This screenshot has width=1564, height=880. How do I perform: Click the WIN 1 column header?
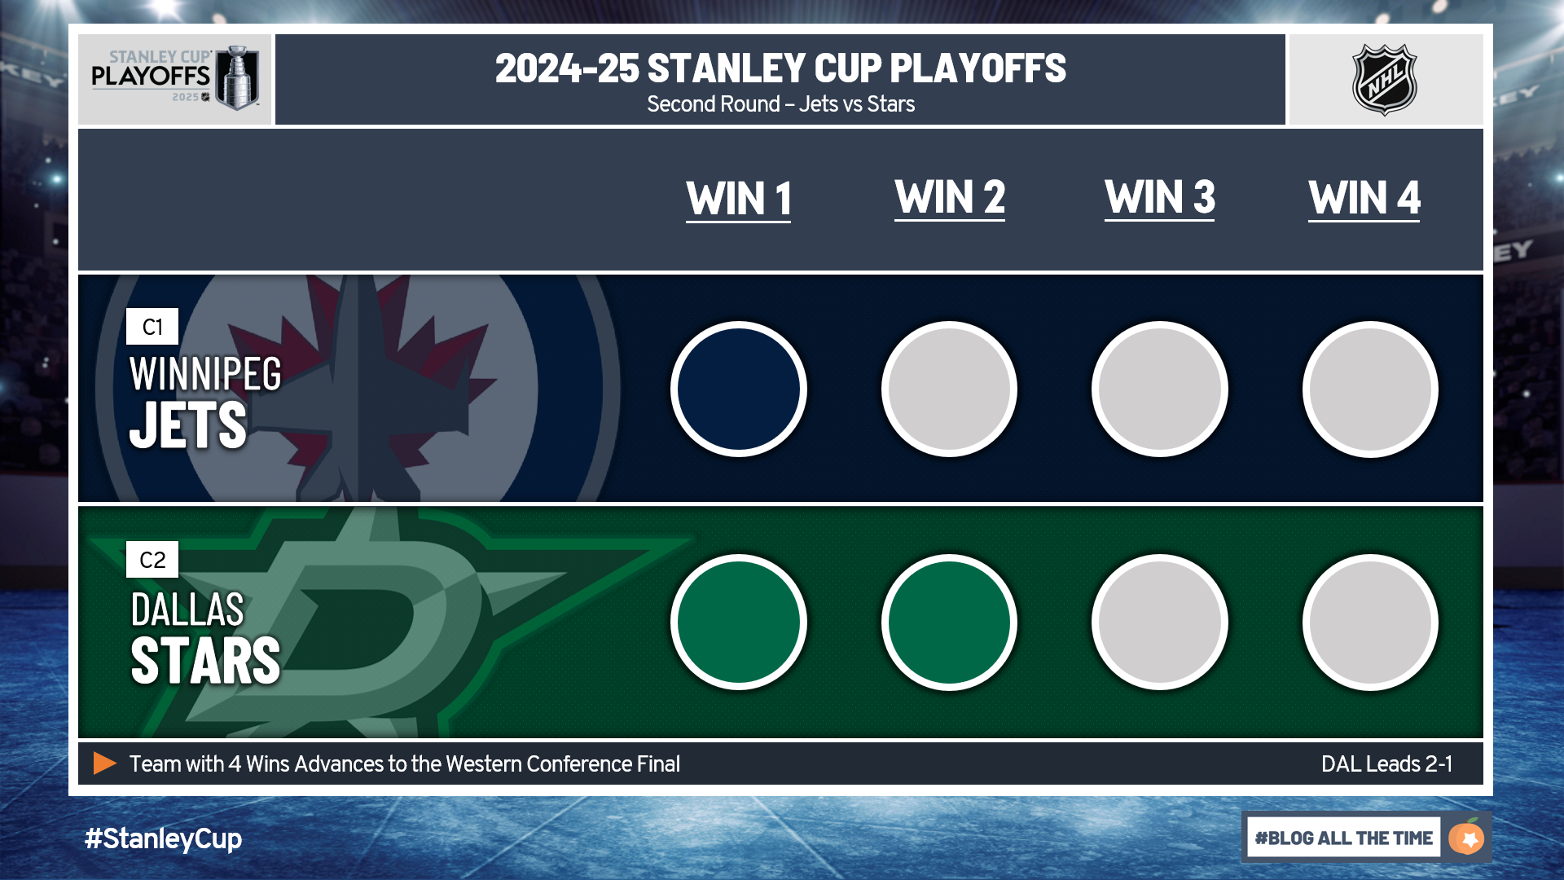(738, 199)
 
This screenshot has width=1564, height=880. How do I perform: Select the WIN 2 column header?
(950, 198)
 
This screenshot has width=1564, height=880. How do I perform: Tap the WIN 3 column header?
(1160, 198)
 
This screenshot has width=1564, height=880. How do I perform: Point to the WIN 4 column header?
(1364, 198)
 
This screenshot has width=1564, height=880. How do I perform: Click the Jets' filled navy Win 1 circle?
(739, 389)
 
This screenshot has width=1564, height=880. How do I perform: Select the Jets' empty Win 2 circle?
(950, 389)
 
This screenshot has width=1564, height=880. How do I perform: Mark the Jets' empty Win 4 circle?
(1371, 389)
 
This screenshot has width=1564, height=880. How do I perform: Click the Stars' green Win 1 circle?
(739, 623)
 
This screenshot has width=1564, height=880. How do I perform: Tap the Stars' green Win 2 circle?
(950, 623)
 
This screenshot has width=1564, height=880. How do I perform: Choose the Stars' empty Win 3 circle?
(1160, 623)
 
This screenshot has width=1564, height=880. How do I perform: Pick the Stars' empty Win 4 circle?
(1371, 623)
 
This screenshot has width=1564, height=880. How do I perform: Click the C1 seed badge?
(152, 327)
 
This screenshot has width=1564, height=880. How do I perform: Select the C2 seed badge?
(152, 560)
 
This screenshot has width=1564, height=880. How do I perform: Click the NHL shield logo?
(1385, 80)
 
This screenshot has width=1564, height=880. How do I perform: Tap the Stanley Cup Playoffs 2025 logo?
(175, 78)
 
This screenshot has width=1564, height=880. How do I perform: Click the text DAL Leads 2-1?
(1386, 764)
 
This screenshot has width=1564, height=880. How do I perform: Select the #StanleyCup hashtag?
(163, 838)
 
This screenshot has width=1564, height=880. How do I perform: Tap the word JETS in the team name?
(188, 425)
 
